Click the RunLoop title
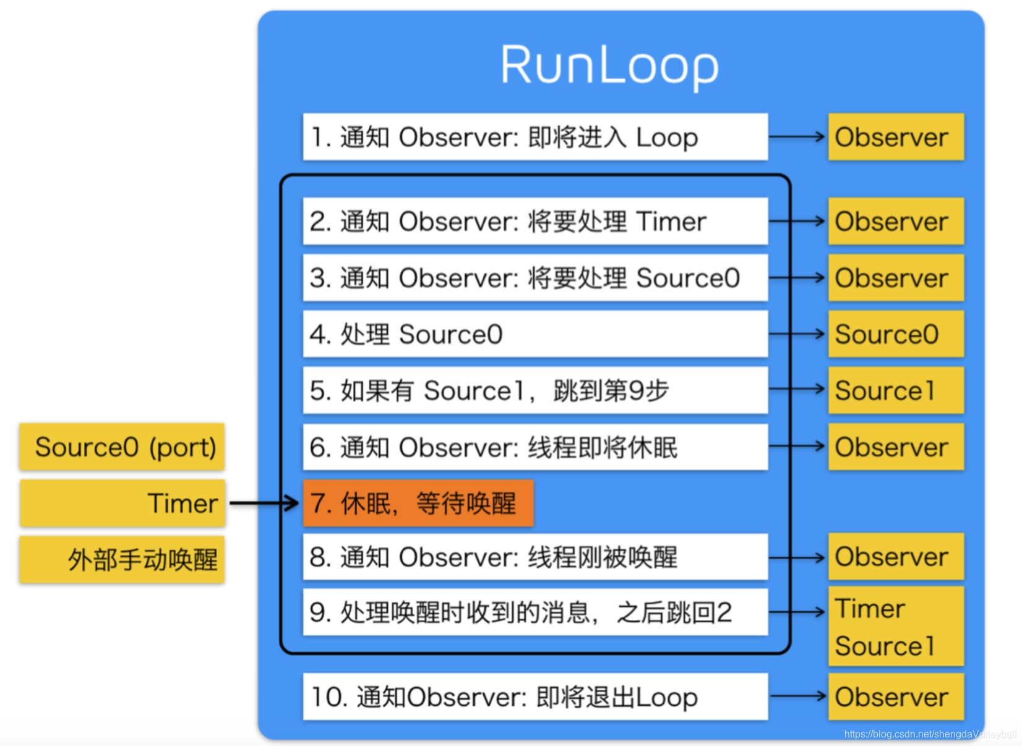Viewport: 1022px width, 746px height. click(x=609, y=65)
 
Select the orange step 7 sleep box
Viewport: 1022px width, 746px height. click(x=418, y=503)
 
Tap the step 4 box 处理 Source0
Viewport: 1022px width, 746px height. click(x=535, y=334)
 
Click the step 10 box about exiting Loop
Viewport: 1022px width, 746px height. click(x=535, y=697)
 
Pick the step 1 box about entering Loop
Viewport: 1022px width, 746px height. click(x=535, y=137)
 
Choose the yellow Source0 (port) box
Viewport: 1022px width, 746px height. click(x=122, y=447)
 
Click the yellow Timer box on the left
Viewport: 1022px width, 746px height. click(x=122, y=503)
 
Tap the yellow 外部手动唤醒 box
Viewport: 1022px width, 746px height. click(x=122, y=560)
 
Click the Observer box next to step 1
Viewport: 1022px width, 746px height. click(x=896, y=137)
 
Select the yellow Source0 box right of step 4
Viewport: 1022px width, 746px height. click(x=896, y=334)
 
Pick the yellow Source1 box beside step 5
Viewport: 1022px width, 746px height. click(x=896, y=390)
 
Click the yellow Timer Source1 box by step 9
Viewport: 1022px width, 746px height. click(x=896, y=626)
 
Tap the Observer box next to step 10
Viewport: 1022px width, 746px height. click(x=896, y=697)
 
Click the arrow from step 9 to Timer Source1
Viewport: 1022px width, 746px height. click(x=798, y=612)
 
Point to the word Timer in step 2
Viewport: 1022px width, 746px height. click(x=671, y=221)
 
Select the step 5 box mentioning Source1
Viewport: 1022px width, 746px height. click(x=535, y=390)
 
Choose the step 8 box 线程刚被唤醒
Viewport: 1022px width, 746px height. click(x=535, y=557)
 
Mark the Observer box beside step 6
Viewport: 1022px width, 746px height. click(x=896, y=447)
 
